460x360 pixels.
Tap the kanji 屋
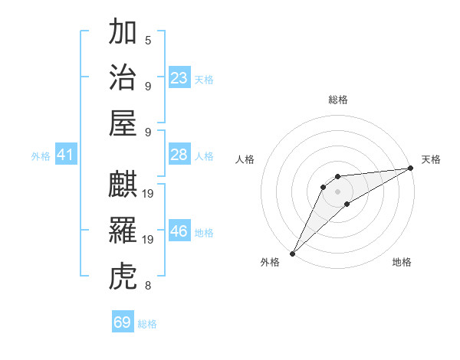click(123, 123)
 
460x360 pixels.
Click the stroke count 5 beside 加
click(148, 40)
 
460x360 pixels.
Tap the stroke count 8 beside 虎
click(148, 286)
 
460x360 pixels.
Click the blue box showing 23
click(179, 77)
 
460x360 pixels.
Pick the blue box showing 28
click(179, 155)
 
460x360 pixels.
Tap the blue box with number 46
click(179, 231)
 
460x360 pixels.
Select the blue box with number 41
click(65, 155)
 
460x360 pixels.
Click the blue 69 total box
click(123, 322)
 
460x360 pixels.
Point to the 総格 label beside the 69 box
click(147, 324)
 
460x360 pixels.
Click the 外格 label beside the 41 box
click(41, 156)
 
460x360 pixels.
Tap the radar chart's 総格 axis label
click(337, 100)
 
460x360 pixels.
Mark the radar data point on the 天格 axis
click(412, 169)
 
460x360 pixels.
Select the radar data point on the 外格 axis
click(292, 253)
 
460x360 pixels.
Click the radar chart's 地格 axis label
click(402, 262)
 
